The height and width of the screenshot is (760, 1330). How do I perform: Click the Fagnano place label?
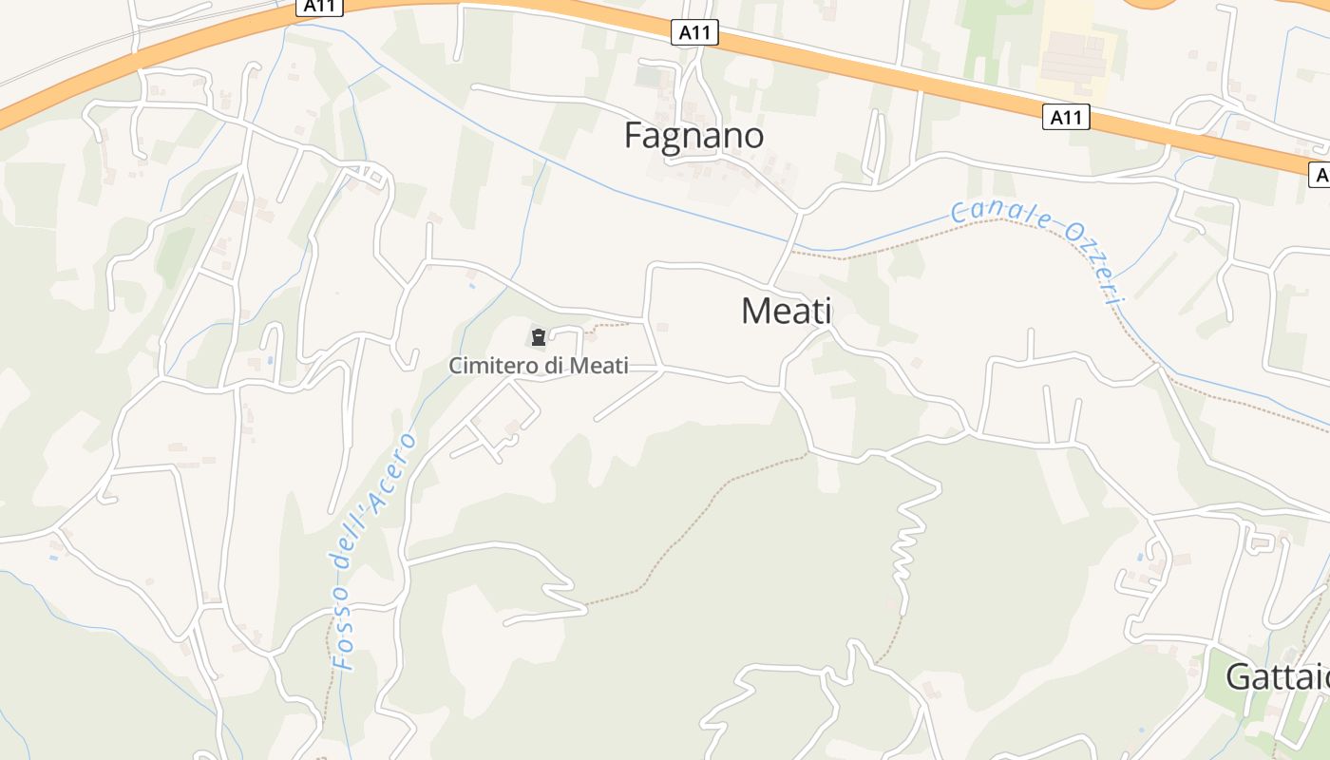tap(693, 136)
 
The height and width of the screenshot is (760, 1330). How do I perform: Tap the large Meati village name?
tap(786, 311)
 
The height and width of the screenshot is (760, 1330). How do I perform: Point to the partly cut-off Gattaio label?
tap(1277, 677)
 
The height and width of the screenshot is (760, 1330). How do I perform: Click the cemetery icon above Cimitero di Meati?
tap(539, 336)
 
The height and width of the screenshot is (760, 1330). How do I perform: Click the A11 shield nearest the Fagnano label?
tap(694, 33)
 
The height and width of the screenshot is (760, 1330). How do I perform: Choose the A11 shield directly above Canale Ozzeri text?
tap(1066, 118)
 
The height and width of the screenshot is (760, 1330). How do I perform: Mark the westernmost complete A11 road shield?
tap(319, 6)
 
